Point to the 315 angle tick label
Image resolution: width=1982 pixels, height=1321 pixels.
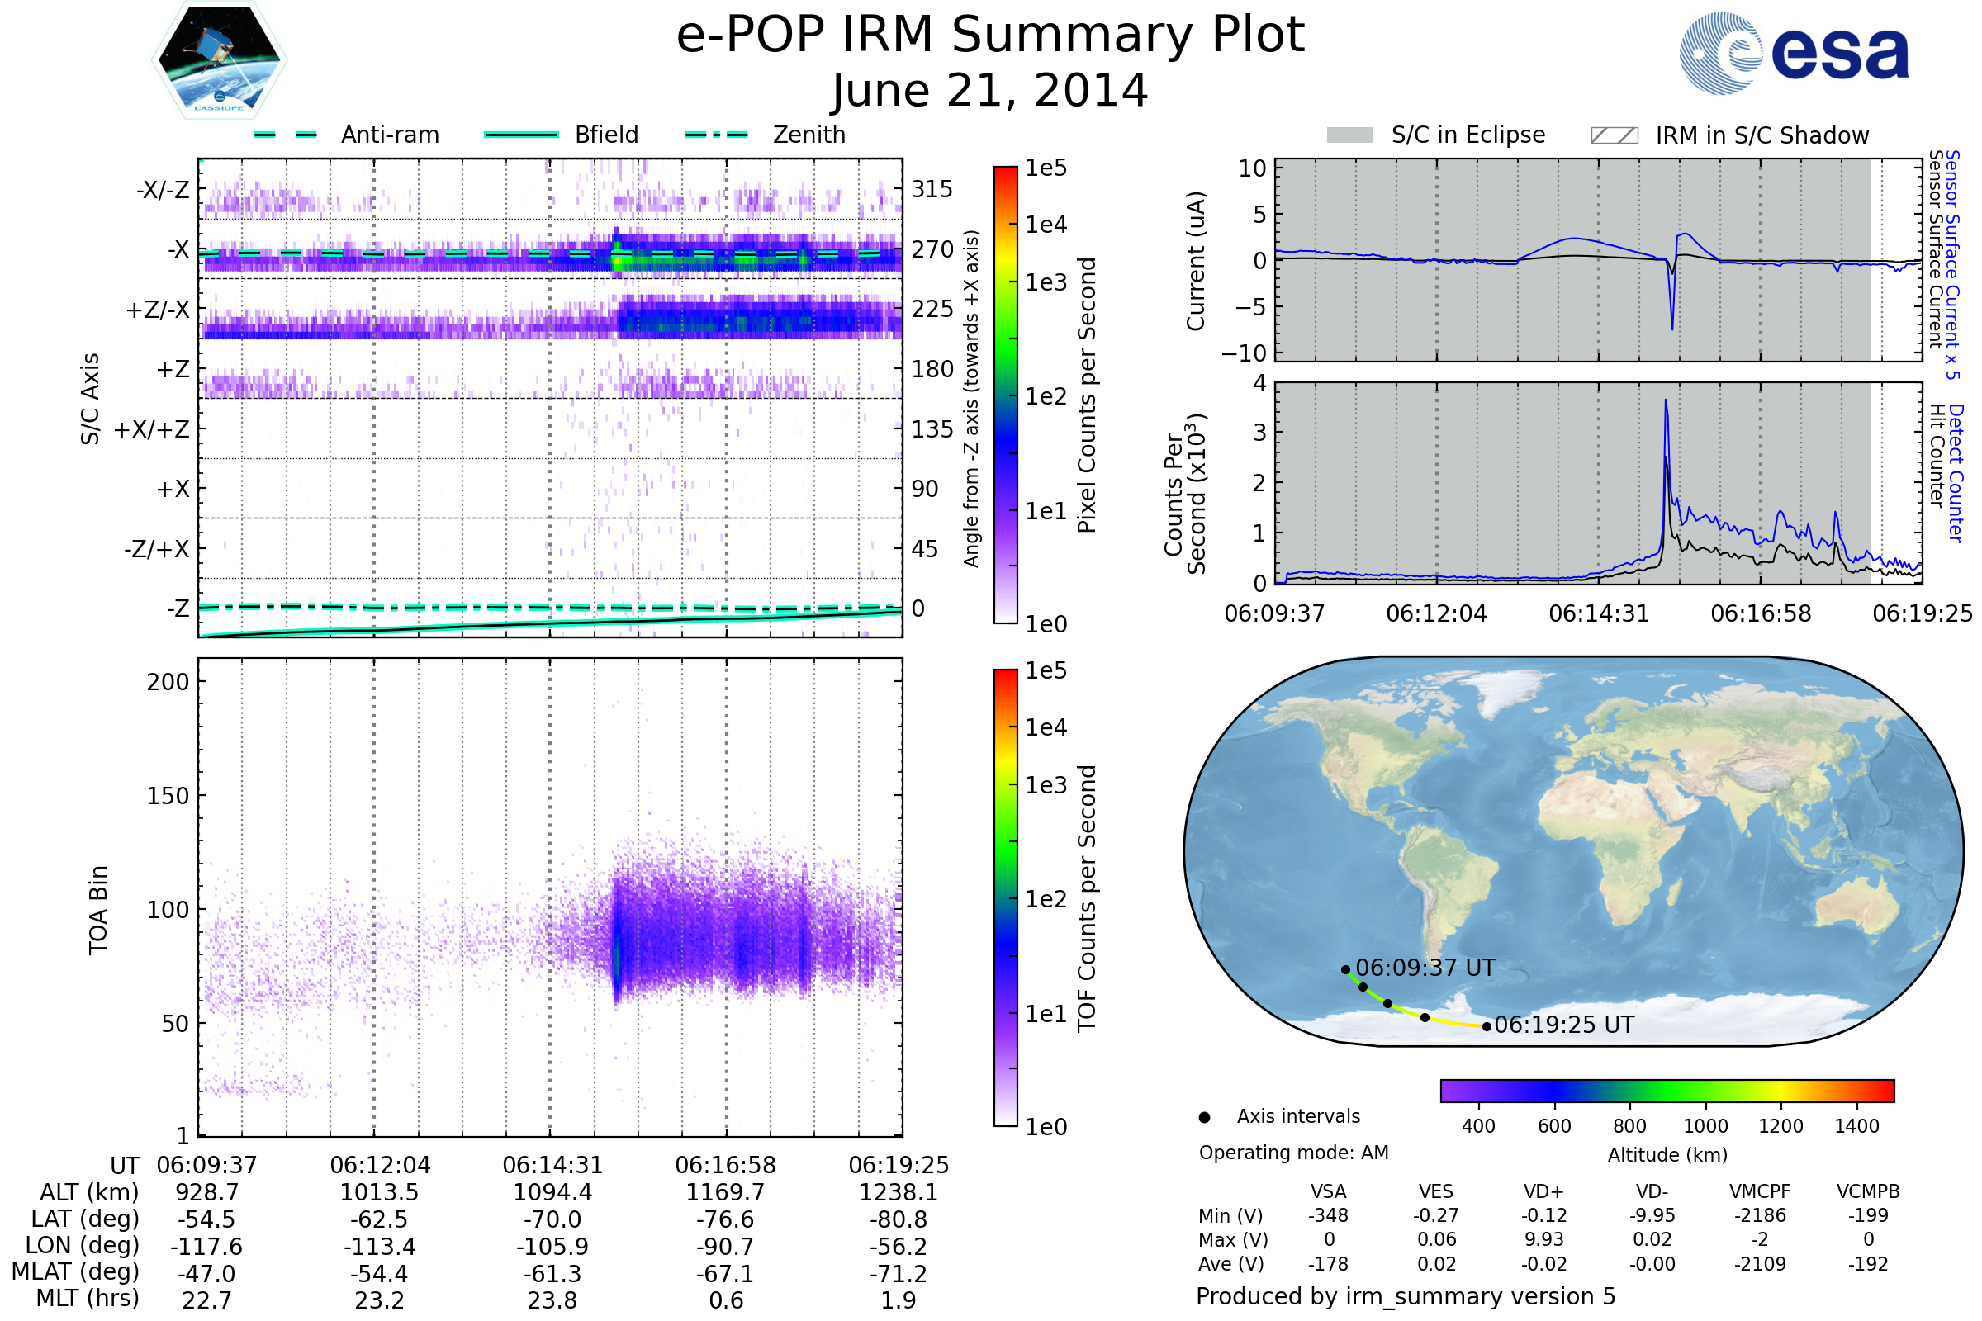pyautogui.click(x=932, y=189)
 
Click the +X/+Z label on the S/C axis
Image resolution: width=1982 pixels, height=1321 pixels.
pyautogui.click(x=152, y=429)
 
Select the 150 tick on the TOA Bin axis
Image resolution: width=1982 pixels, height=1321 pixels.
pyautogui.click(x=168, y=796)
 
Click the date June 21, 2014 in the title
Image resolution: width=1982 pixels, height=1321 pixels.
pyautogui.click(x=989, y=91)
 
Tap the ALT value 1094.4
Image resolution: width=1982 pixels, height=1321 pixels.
pyautogui.click(x=552, y=1193)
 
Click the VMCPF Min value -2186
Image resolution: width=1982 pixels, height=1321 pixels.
pyautogui.click(x=1760, y=1215)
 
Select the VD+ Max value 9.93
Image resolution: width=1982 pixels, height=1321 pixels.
pyautogui.click(x=1543, y=1239)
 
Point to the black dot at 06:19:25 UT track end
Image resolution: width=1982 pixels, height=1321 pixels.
pyautogui.click(x=1486, y=1026)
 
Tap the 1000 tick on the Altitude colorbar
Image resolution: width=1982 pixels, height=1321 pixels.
pyautogui.click(x=1705, y=1126)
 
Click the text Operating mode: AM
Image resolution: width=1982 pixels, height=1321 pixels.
pyautogui.click(x=1293, y=1153)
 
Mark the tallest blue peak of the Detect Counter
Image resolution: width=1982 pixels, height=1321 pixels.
pyautogui.click(x=1666, y=401)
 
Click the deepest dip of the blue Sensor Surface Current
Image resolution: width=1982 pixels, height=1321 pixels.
pyautogui.click(x=1673, y=329)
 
